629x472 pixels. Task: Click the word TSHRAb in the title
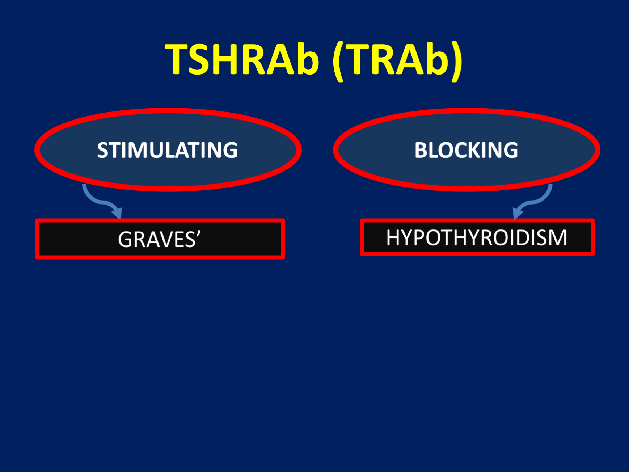242,59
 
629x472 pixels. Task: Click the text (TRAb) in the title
397,60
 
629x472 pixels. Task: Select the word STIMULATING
167,150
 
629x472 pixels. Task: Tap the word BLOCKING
466,150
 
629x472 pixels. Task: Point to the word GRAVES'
159,239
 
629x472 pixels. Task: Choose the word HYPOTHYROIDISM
477,237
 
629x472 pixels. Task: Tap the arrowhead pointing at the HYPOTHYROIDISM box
518,214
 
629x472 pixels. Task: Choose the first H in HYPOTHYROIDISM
393,238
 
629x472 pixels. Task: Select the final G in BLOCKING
511,150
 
